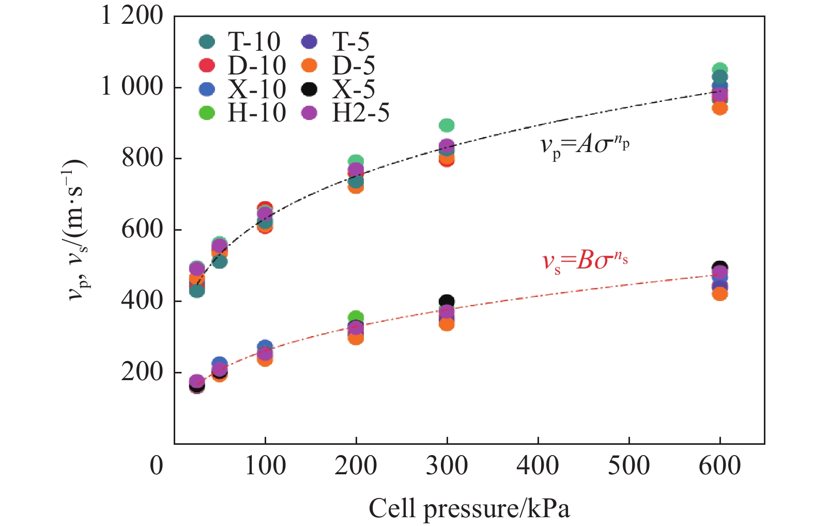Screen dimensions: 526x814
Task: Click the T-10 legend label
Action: (x=253, y=42)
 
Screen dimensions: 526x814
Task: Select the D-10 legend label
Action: (x=256, y=66)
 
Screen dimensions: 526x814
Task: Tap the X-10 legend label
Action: (x=256, y=89)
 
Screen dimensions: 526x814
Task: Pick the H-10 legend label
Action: (x=256, y=113)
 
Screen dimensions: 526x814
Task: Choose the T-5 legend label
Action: (x=350, y=42)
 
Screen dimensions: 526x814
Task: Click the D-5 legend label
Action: (x=354, y=66)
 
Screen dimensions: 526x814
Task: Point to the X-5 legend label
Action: (x=354, y=89)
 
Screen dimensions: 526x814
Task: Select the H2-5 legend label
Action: (x=360, y=113)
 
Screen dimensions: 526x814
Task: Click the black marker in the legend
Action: (x=309, y=89)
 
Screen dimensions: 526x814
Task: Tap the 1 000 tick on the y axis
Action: (x=132, y=86)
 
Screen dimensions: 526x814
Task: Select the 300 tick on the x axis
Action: (x=447, y=465)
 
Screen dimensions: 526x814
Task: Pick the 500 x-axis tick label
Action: (x=628, y=465)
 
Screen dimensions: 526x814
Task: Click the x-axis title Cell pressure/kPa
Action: (x=469, y=508)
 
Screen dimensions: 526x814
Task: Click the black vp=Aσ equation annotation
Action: (x=585, y=145)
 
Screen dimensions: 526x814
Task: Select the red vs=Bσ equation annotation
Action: (x=585, y=260)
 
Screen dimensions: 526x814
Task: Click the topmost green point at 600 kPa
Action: (x=720, y=69)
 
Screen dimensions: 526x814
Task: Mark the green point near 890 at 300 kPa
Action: (x=447, y=125)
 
